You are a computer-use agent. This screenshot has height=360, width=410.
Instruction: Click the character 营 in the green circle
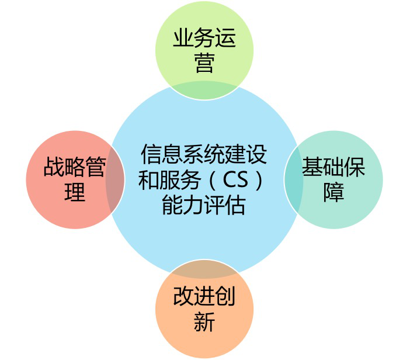(x=204, y=63)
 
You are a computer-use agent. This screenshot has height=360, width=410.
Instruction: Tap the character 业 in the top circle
(x=183, y=38)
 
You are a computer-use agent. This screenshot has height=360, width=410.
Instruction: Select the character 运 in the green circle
(x=225, y=38)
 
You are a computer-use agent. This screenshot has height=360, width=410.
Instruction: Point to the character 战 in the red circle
(x=54, y=167)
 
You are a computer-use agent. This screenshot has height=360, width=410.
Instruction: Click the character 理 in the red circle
(x=75, y=192)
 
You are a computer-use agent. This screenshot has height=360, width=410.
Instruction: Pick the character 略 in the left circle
(x=75, y=167)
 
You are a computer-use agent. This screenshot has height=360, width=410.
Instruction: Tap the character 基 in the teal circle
(x=312, y=167)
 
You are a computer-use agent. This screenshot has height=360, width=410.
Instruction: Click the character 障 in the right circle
(x=333, y=192)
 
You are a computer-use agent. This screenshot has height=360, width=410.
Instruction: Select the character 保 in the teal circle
(x=355, y=167)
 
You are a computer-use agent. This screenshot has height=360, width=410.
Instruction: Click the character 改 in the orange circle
(x=183, y=296)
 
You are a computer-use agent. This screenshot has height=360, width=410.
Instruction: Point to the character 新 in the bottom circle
(x=204, y=321)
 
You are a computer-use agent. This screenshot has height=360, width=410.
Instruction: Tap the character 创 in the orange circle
(x=225, y=296)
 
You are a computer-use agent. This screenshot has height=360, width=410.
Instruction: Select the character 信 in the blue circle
(x=152, y=154)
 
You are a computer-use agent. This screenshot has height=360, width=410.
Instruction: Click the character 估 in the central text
(x=235, y=205)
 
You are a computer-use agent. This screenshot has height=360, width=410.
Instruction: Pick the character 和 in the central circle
(x=149, y=180)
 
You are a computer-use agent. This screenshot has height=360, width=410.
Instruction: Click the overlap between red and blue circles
(x=115, y=179)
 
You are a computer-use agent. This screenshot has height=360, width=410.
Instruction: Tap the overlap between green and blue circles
(x=204, y=91)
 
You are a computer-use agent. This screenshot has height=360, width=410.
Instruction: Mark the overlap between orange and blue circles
(x=204, y=269)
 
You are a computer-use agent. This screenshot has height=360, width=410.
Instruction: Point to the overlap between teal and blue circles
(x=294, y=179)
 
